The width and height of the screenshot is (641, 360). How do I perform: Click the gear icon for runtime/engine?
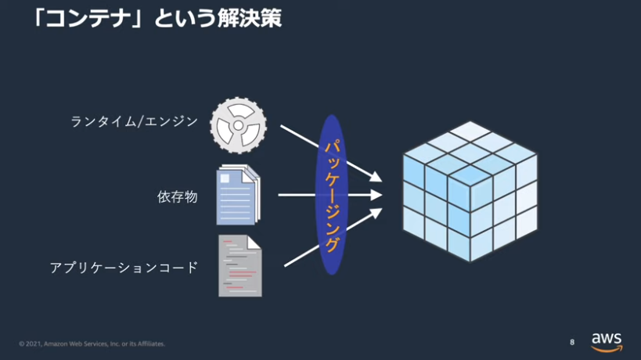239,125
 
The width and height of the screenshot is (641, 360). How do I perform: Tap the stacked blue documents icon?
239,195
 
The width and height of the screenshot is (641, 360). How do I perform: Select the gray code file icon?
240,265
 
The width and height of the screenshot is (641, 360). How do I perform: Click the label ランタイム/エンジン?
135,121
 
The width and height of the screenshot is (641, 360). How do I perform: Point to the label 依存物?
178,197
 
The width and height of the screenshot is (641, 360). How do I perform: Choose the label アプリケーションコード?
124,268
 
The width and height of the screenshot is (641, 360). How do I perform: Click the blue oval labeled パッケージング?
332,195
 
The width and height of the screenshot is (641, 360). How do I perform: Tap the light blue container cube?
470,191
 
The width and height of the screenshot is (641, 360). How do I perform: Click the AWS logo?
607,342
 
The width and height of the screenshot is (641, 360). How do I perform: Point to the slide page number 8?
572,342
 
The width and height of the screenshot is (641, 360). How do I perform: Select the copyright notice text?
92,344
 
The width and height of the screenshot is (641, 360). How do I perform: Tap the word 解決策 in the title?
250,18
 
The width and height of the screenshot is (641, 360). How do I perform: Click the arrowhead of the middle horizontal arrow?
376,195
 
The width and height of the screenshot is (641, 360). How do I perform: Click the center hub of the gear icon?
239,125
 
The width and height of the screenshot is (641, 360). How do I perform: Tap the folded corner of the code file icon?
254,242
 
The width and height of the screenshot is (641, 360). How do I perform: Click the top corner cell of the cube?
470,131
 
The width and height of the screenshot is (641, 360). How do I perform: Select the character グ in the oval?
332,244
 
